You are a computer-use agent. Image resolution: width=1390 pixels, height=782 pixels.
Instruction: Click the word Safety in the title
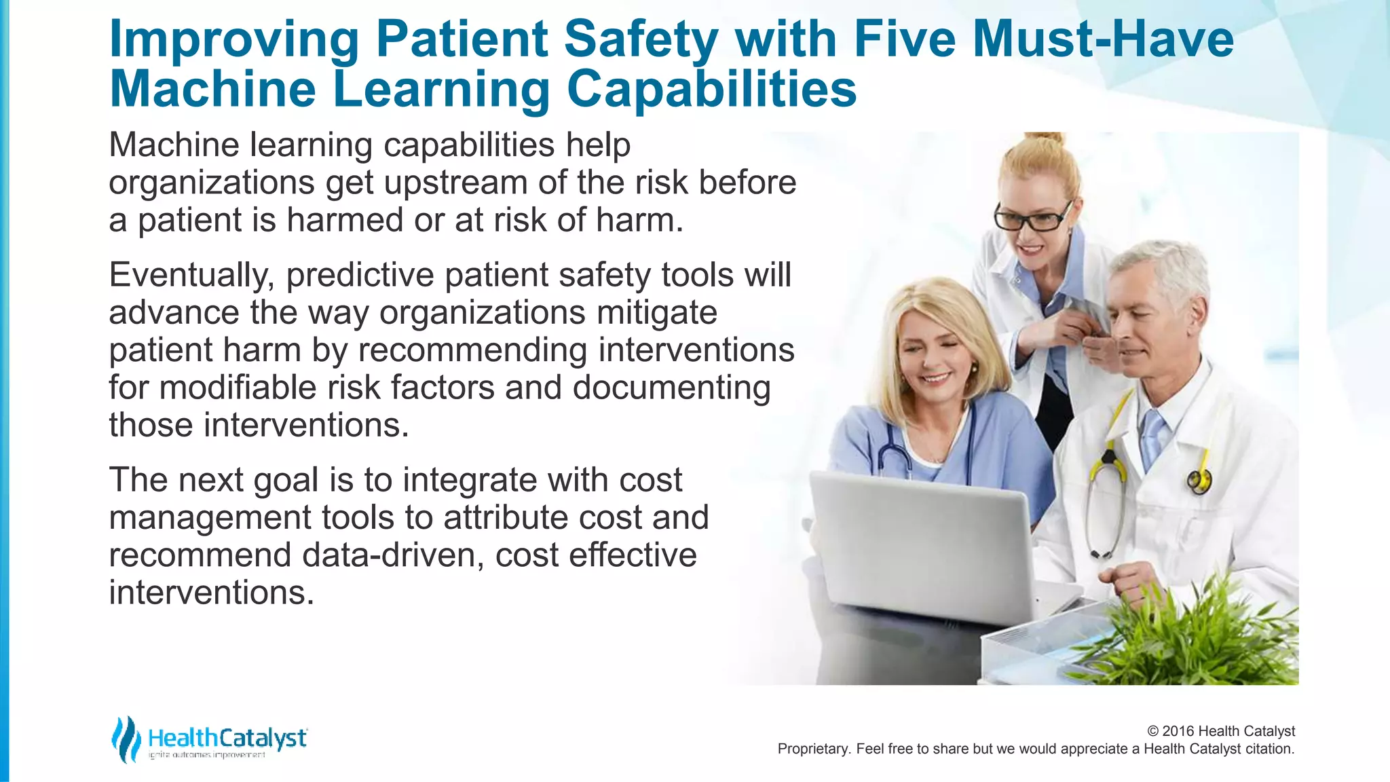tap(640, 39)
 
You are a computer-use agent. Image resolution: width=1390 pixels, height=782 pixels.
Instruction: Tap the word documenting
tap(671, 388)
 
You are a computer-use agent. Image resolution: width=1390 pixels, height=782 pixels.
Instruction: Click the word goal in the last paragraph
tap(286, 480)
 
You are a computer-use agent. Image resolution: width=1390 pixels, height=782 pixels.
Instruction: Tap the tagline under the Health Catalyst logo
tap(207, 755)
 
